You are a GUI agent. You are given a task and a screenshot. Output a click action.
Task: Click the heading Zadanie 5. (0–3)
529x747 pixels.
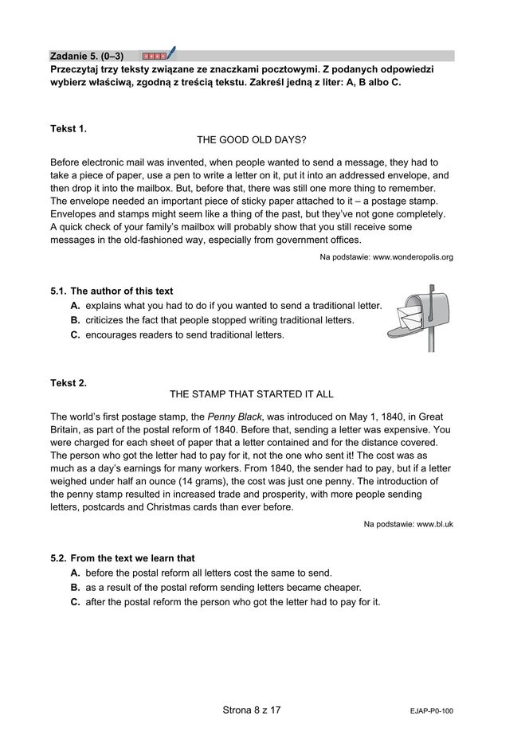point(86,56)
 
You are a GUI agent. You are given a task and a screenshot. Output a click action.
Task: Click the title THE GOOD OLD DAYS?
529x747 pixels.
point(251,139)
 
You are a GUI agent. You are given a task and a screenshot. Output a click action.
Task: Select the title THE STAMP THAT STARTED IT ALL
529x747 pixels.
point(251,394)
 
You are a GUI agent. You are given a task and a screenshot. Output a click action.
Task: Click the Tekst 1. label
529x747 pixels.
point(69,127)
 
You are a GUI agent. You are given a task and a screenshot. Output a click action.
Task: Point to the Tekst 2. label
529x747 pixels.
point(69,383)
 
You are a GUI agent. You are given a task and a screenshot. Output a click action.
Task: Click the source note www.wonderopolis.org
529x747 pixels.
point(386,257)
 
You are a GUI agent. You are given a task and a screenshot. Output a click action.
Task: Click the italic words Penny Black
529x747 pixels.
point(232,417)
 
